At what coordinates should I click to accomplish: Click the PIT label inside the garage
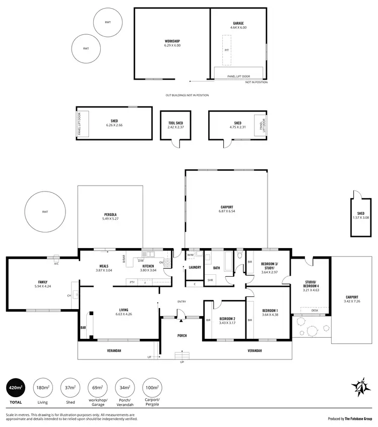tap(227, 50)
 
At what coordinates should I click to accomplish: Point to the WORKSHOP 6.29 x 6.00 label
tap(172, 43)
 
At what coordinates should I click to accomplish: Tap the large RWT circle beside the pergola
tap(45, 212)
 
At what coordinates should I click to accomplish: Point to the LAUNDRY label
tap(195, 267)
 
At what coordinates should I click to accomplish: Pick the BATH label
tap(217, 268)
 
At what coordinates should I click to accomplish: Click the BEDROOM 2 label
tap(228, 320)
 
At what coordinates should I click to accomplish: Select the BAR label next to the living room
tap(83, 327)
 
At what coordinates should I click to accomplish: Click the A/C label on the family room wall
tap(56, 263)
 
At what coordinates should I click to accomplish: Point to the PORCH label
tap(181, 335)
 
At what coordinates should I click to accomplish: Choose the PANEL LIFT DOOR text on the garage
tap(239, 76)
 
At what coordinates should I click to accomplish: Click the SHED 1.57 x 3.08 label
tap(363, 215)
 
